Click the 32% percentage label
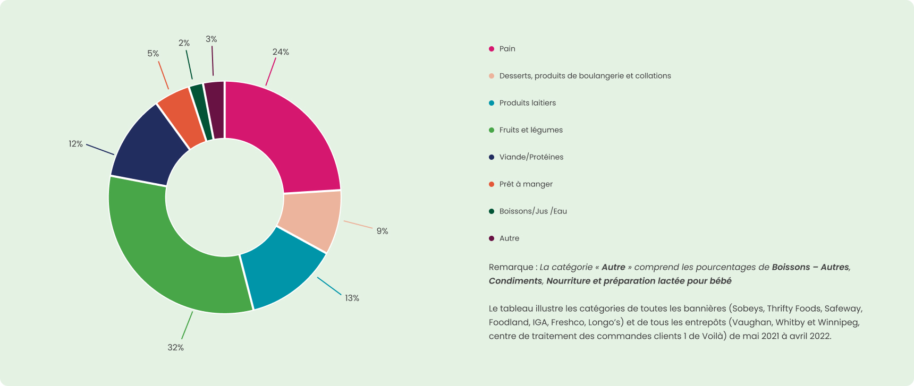(x=175, y=347)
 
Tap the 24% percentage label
(x=281, y=52)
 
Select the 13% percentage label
(x=352, y=298)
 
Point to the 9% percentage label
(x=382, y=231)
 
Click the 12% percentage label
(x=75, y=144)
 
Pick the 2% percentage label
(x=184, y=43)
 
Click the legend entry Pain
(x=507, y=49)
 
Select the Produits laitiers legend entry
(x=527, y=103)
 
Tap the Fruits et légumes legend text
(x=530, y=130)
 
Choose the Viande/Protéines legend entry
(x=531, y=157)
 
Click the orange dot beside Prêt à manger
(x=492, y=184)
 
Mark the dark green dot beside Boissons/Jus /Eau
(x=492, y=211)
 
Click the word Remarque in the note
(x=510, y=267)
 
